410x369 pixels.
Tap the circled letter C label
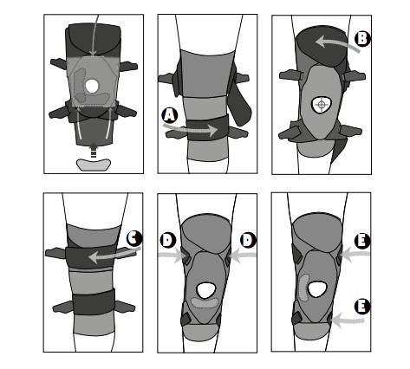134,237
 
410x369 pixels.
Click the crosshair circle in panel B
320,105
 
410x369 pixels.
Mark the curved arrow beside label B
333,42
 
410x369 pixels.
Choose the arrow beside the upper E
350,256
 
